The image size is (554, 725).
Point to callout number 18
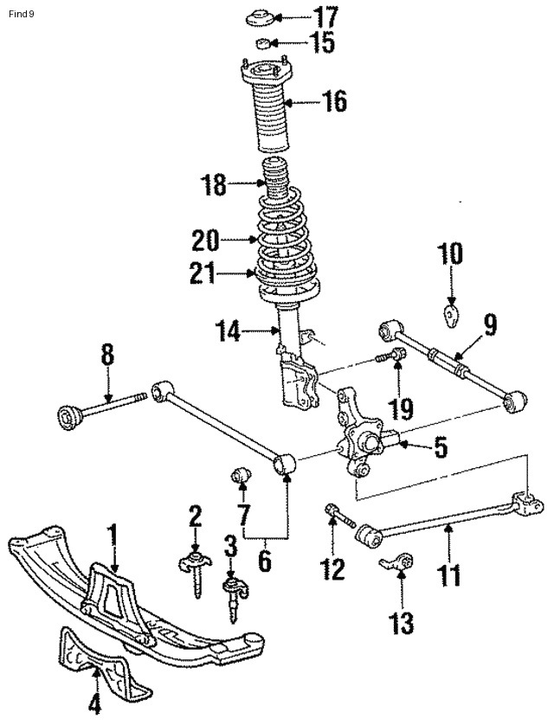tap(214, 183)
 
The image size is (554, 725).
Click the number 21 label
tap(208, 274)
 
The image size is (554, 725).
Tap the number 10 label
tap(450, 254)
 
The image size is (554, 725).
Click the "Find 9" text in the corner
tap(20, 12)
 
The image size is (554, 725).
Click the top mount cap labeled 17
tap(259, 17)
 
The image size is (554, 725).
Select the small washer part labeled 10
tap(450, 311)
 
